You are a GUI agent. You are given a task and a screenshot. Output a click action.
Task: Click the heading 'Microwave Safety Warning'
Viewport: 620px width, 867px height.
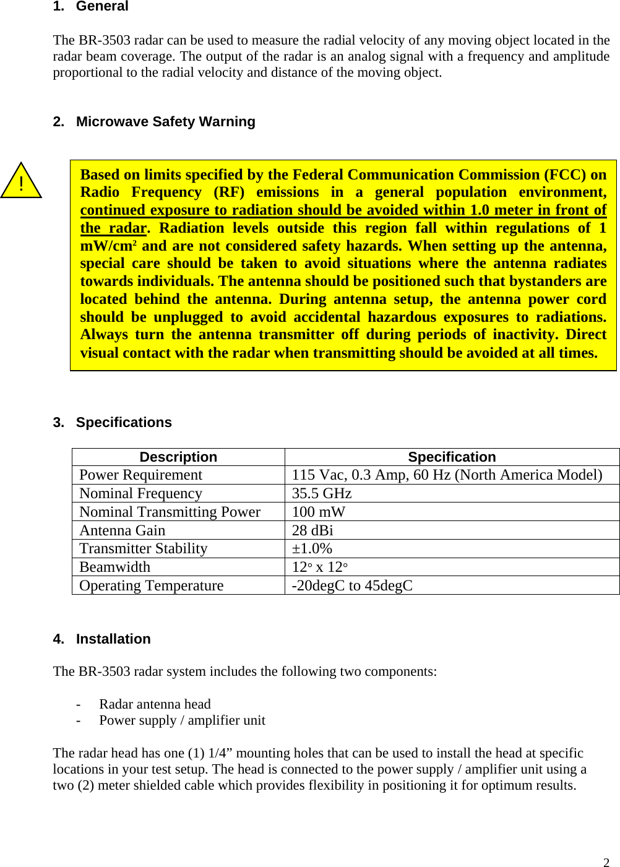pyautogui.click(x=165, y=121)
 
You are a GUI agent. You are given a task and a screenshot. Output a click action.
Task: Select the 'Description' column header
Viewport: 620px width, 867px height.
pyautogui.click(x=178, y=457)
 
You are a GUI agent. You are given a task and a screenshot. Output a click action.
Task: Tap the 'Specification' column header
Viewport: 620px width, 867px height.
pyautogui.click(x=452, y=457)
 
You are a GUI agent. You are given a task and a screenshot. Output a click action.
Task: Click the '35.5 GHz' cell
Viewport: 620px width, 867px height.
pyautogui.click(x=322, y=494)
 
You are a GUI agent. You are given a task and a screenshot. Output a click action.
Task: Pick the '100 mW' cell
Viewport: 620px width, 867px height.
pyautogui.click(x=319, y=512)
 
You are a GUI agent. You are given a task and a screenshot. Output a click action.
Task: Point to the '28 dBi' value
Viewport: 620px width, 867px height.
pyautogui.click(x=312, y=531)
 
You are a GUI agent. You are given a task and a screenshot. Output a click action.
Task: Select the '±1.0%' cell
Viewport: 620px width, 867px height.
pyautogui.click(x=312, y=549)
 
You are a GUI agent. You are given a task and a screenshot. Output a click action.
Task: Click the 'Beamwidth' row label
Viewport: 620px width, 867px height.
pyautogui.click(x=115, y=567)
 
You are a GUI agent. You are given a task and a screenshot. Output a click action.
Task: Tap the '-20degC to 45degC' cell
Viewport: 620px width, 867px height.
pyautogui.click(x=352, y=586)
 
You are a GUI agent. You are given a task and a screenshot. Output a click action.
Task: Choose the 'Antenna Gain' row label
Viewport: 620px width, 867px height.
pyautogui.click(x=123, y=531)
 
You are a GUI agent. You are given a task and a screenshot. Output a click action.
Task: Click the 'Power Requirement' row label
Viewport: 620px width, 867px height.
pyautogui.click(x=141, y=475)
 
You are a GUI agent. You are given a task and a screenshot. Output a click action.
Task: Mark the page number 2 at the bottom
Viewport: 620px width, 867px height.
pyautogui.click(x=606, y=862)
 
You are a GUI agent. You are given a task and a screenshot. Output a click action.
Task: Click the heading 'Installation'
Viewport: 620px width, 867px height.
pyautogui.click(x=113, y=639)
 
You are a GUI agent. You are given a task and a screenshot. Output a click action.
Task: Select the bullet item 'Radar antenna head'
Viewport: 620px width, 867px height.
pyautogui.click(x=155, y=704)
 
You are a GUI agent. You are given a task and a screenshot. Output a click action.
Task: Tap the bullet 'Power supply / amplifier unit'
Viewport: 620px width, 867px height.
pyautogui.click(x=182, y=720)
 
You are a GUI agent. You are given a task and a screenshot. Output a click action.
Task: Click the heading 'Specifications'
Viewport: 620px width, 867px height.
pyautogui.click(x=124, y=423)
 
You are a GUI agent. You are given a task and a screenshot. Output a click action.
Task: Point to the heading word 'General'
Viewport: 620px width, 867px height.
pyautogui.click(x=102, y=7)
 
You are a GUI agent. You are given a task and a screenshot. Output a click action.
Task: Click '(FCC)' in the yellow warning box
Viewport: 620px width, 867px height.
pyautogui.click(x=565, y=175)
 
